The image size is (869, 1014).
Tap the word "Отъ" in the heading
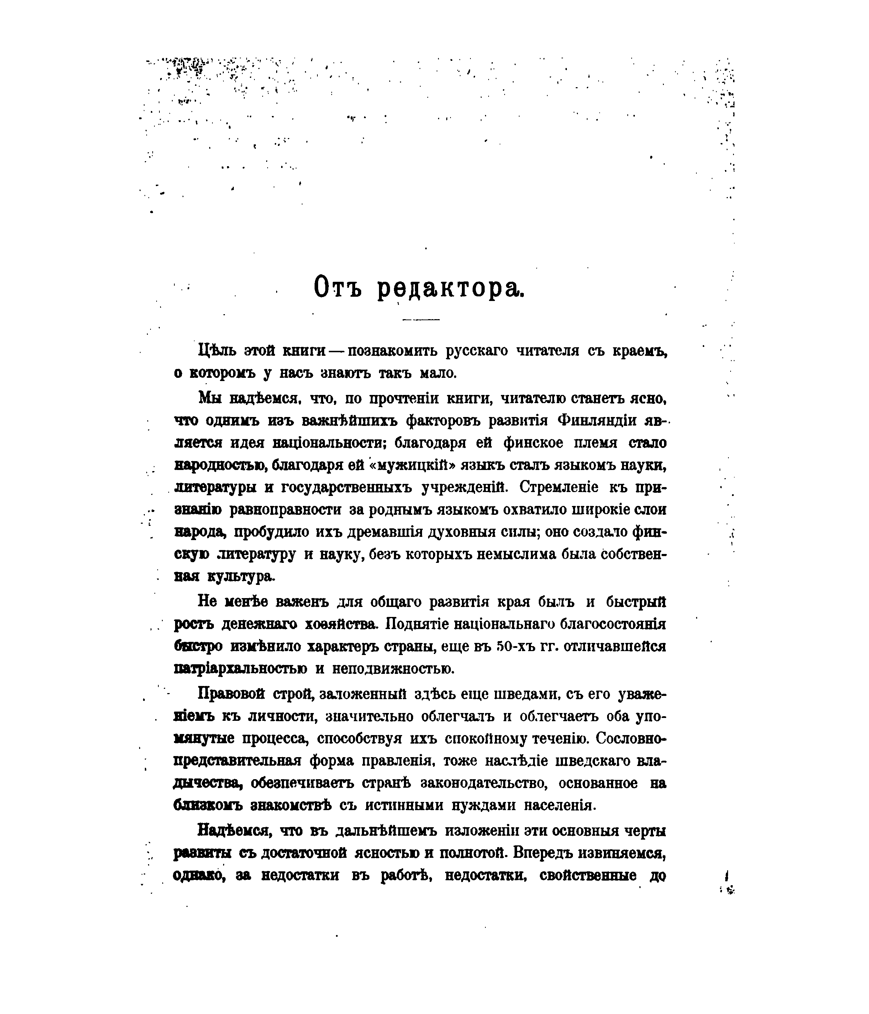337,288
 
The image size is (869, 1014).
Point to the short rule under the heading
421,319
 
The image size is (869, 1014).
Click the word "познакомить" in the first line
389,351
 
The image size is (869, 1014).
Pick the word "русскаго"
477,351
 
